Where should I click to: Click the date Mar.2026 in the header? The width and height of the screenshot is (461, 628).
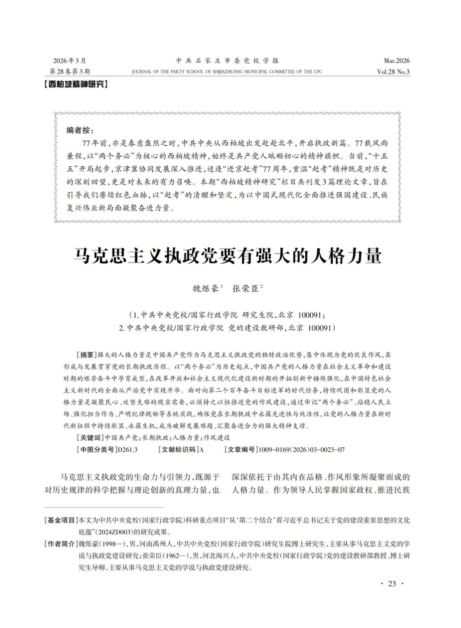point(396,61)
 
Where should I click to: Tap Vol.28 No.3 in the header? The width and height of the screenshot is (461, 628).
point(393,72)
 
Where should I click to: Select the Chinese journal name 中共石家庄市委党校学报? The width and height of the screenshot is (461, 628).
point(227,61)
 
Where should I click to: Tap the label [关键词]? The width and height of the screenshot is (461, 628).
point(90,438)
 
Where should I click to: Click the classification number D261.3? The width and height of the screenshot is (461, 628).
point(128,450)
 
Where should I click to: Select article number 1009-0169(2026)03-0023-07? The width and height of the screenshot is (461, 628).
point(302,450)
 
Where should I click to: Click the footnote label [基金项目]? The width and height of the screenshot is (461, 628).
point(61,520)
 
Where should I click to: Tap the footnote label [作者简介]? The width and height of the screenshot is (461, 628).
point(61,544)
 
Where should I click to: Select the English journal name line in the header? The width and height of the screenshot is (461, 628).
point(227,72)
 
